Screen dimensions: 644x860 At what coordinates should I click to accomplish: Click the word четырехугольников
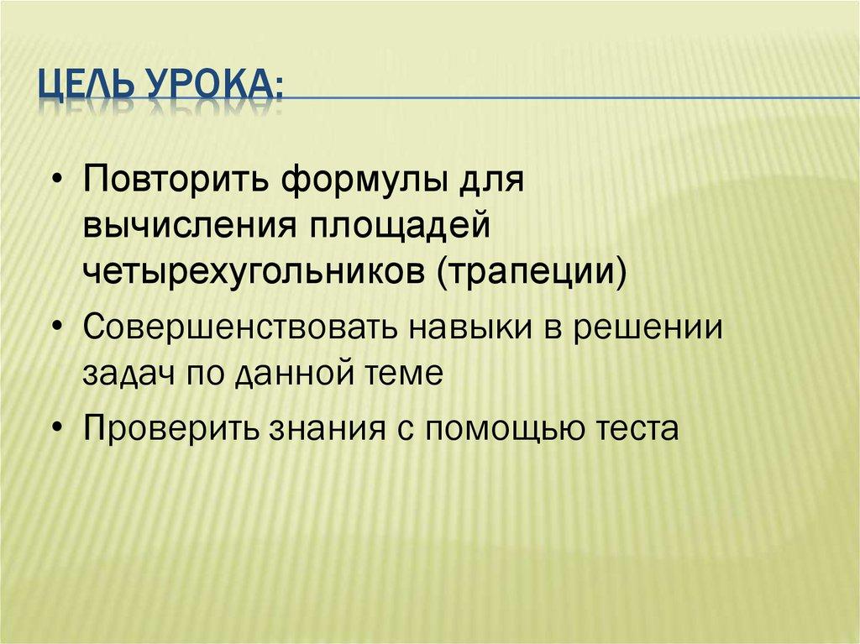click(253, 274)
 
